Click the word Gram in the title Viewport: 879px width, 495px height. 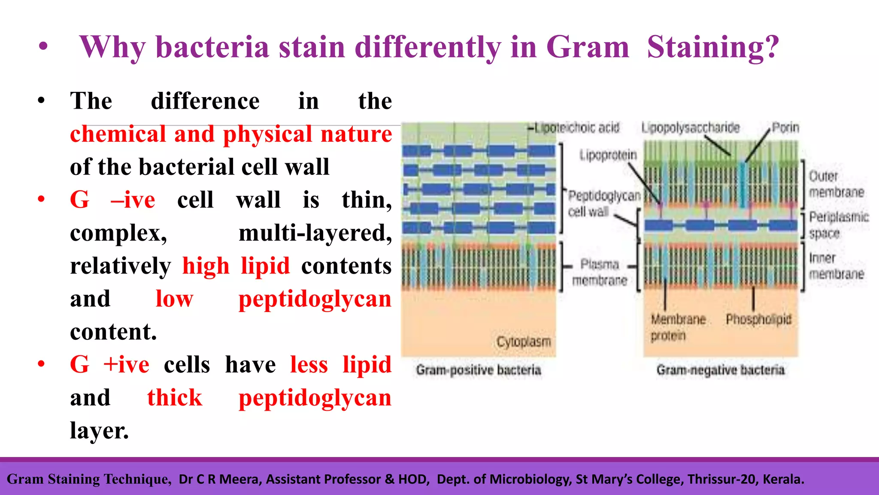tap(587, 47)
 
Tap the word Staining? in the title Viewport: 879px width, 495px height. tap(712, 47)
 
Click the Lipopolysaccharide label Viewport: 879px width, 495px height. tap(691, 128)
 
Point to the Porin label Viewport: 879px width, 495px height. tap(785, 128)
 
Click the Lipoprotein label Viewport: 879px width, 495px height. tap(608, 155)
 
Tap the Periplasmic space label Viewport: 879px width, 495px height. tap(839, 225)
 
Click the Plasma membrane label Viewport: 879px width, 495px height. tap(600, 272)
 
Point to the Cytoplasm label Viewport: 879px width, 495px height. tap(524, 342)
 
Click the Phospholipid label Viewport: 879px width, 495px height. tap(758, 319)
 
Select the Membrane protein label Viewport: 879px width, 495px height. tap(678, 327)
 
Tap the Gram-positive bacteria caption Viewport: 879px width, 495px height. tap(478, 370)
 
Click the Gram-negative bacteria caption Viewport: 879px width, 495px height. tap(720, 370)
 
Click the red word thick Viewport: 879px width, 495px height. tap(174, 397)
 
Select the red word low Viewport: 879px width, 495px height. tap(174, 299)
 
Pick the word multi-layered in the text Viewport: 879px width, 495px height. tap(315, 233)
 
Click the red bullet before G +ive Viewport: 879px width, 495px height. tap(41, 364)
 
